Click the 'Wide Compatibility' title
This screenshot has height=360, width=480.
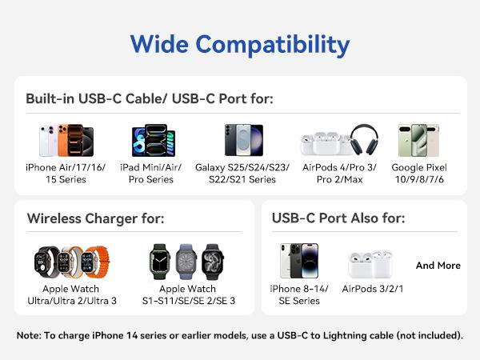tap(240, 43)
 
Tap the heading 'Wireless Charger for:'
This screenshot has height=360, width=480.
tap(96, 218)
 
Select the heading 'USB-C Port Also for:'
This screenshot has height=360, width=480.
tap(338, 218)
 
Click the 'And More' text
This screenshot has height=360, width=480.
tap(438, 266)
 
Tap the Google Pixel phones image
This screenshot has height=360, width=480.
tap(418, 140)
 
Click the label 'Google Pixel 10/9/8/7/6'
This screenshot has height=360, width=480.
tap(418, 174)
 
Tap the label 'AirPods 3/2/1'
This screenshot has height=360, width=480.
tap(372, 289)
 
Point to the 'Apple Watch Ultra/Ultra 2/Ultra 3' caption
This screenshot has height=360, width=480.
tap(79, 294)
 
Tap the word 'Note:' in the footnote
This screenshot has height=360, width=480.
tap(30, 335)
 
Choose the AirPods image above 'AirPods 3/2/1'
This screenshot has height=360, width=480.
tap(370, 263)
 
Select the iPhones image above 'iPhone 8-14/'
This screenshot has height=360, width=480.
tap(298, 261)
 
